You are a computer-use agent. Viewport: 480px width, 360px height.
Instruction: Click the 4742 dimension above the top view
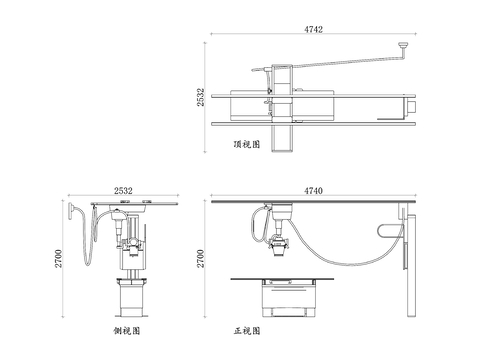(x=313, y=29)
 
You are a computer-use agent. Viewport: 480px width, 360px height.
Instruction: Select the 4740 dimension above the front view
(x=313, y=191)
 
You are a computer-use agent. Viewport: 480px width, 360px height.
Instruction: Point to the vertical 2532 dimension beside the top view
(x=200, y=97)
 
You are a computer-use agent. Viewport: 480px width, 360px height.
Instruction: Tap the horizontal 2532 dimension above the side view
(x=123, y=191)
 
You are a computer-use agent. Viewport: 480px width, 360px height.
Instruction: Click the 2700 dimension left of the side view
(x=58, y=258)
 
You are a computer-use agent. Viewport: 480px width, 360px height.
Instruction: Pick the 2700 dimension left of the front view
(x=200, y=258)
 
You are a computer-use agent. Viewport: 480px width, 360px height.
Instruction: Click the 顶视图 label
(x=247, y=144)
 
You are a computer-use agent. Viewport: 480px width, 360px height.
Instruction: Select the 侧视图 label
(x=127, y=331)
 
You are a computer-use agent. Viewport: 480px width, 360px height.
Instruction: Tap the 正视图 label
(x=247, y=331)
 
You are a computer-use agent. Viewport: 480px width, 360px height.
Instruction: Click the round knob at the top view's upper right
(x=404, y=44)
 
